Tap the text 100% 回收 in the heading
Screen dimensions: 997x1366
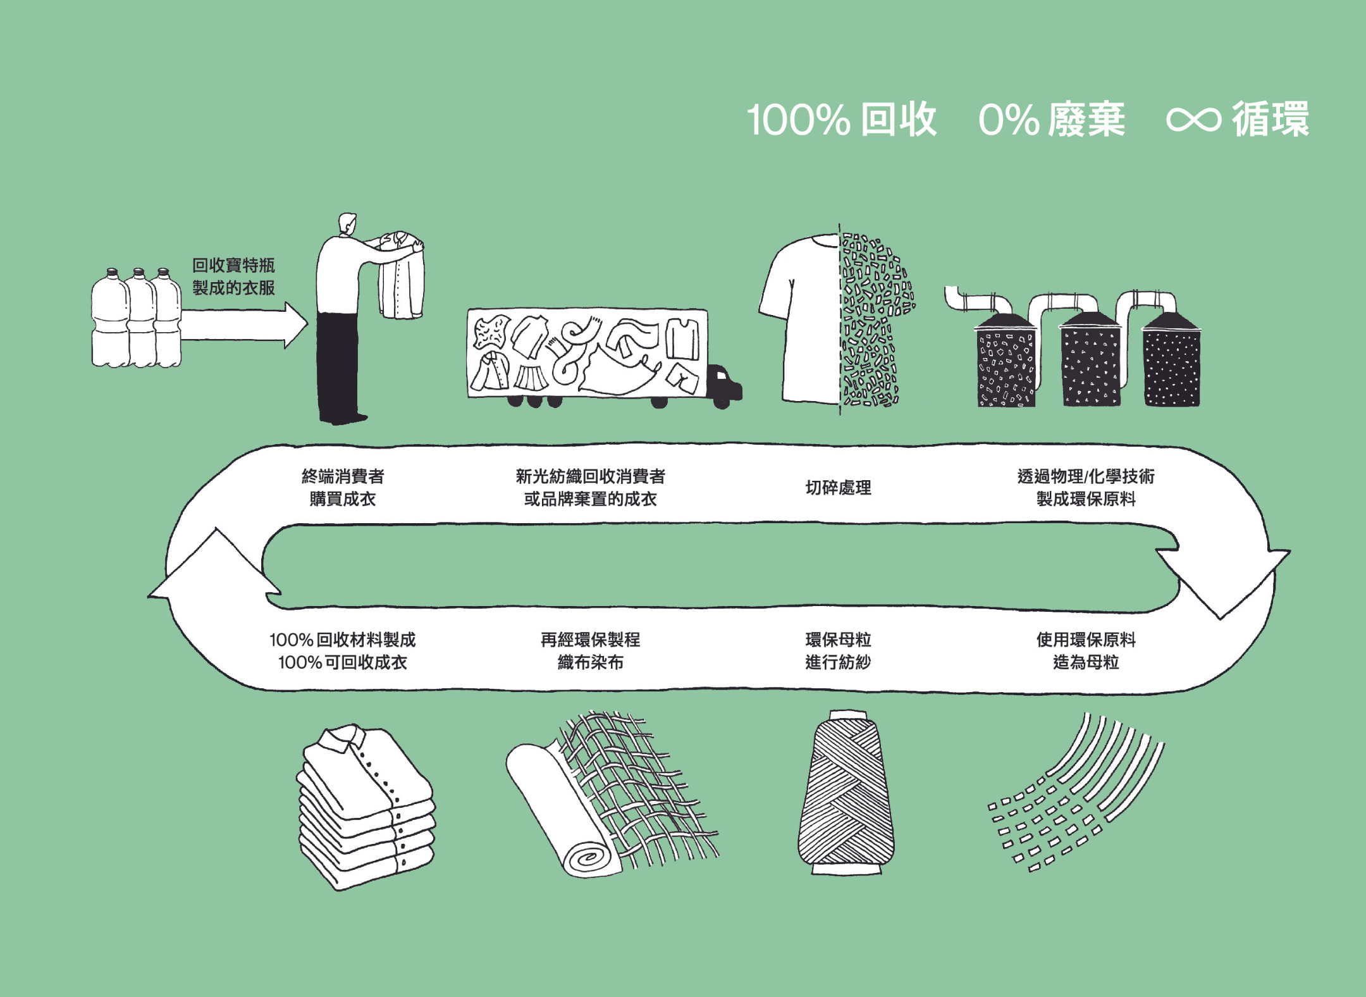click(x=841, y=120)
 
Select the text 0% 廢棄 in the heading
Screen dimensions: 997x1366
click(x=1051, y=120)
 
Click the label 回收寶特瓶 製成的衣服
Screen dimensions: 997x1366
click(x=233, y=276)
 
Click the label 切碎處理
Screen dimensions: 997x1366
click(x=838, y=488)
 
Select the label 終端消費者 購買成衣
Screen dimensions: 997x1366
click(x=343, y=488)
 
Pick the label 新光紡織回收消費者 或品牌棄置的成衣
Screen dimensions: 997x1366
click(x=590, y=488)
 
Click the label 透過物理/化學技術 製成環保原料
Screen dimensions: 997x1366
click(x=1086, y=488)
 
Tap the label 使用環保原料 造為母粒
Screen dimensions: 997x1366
click(x=1086, y=651)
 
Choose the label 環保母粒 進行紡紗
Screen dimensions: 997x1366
click(x=838, y=651)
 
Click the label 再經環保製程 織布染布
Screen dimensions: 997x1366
click(x=590, y=651)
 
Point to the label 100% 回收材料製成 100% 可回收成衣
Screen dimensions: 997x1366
click(x=343, y=651)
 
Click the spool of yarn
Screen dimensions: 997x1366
click(x=846, y=794)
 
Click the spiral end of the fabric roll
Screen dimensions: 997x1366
click(x=588, y=858)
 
